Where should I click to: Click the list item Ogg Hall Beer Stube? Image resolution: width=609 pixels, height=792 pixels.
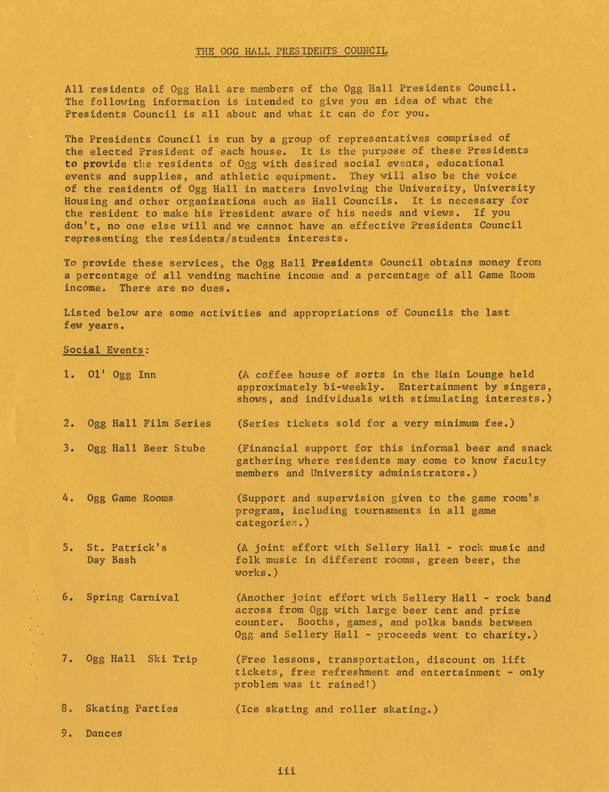[x=146, y=448]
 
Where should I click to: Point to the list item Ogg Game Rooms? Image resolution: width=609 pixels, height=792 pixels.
[x=130, y=498]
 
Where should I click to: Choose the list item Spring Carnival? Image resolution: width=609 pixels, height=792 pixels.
[x=132, y=597]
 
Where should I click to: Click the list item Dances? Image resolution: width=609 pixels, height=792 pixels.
[x=104, y=733]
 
